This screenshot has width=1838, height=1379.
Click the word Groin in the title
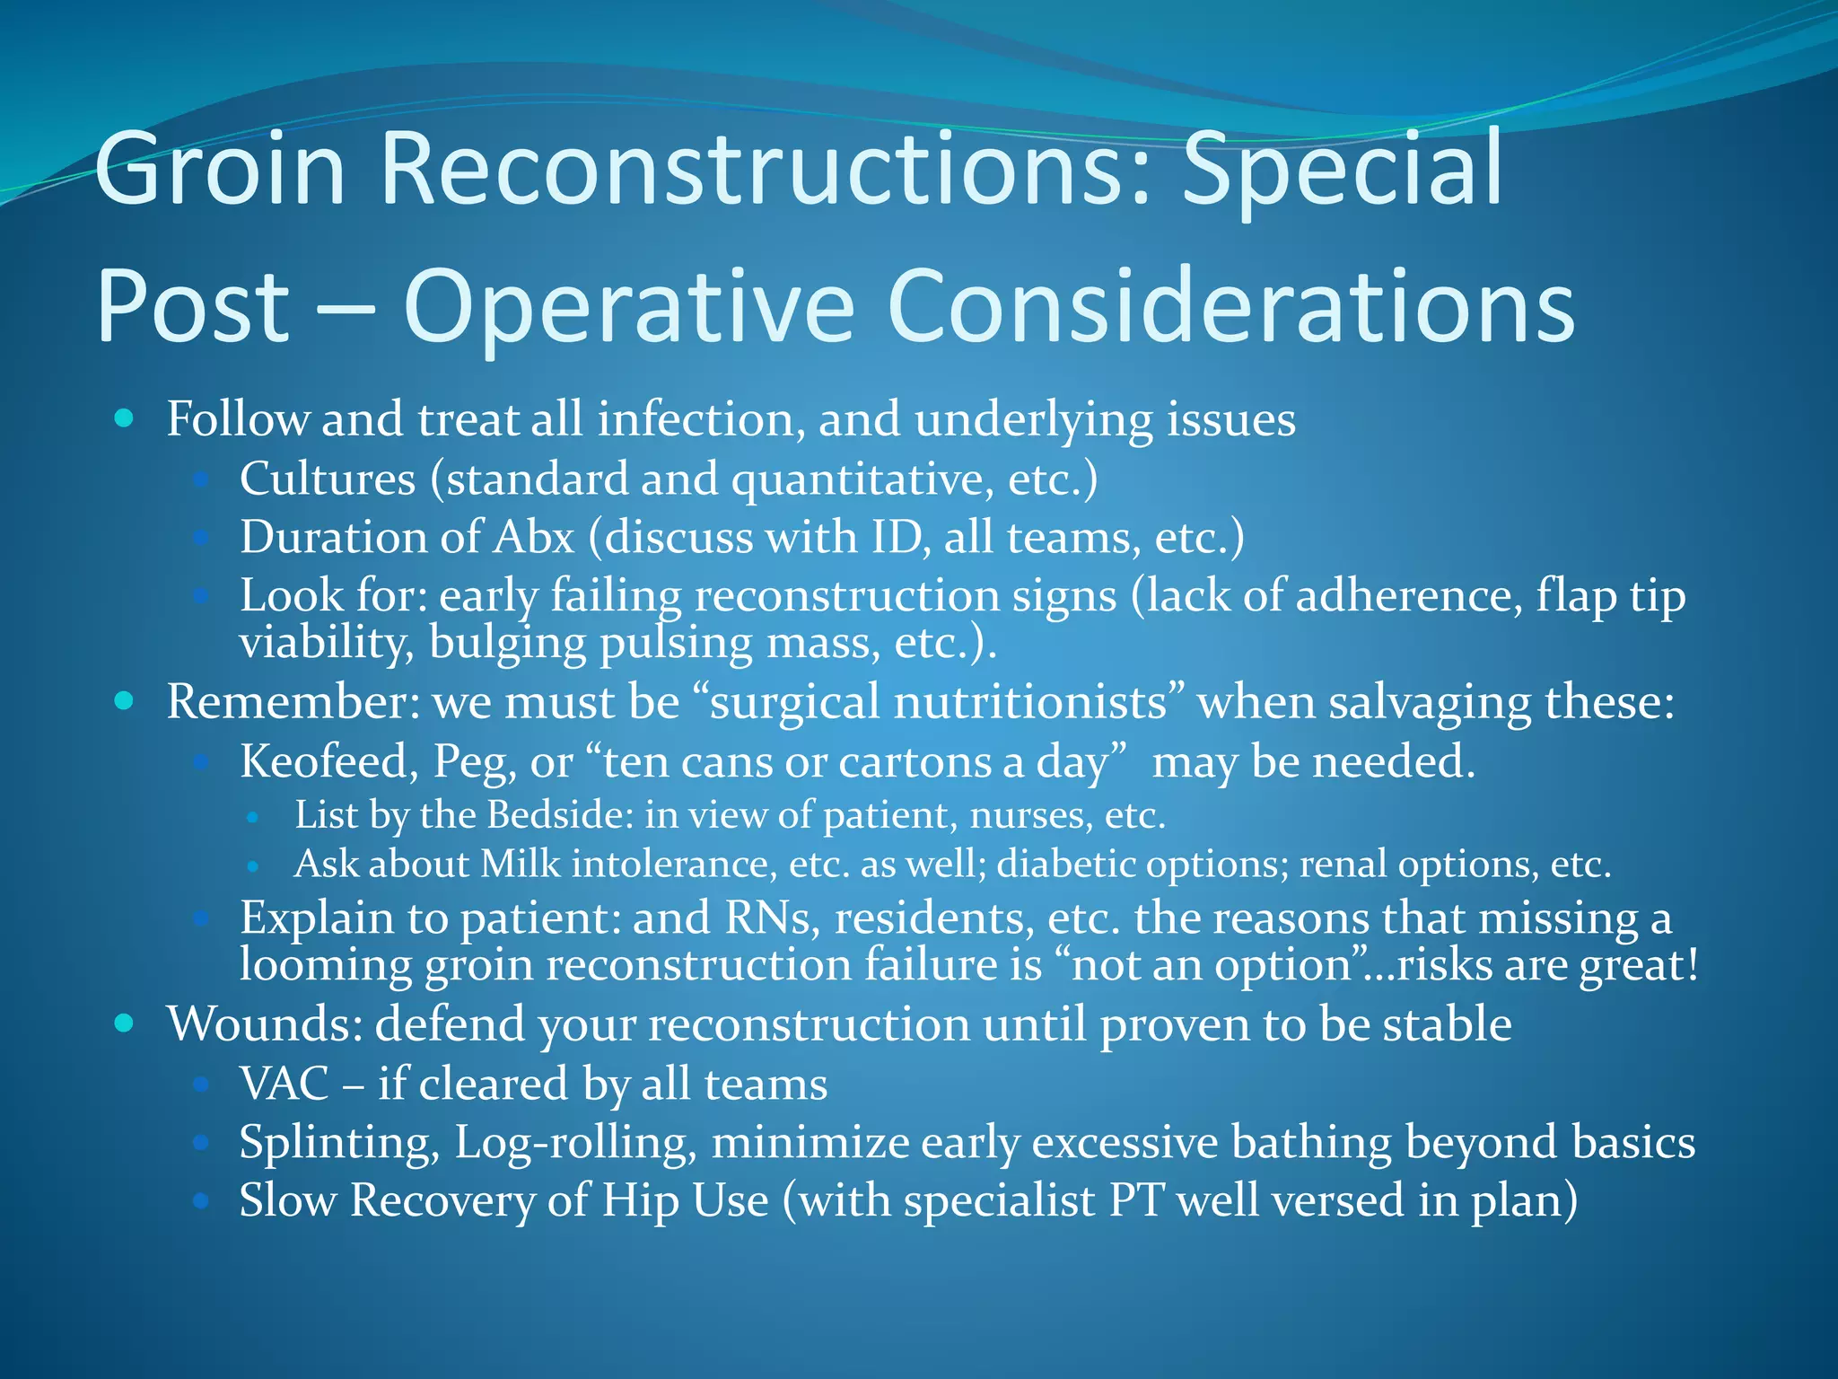pyautogui.click(x=220, y=169)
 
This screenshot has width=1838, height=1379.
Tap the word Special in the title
pyautogui.click(x=1342, y=169)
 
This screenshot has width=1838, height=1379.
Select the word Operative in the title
pyautogui.click(x=628, y=307)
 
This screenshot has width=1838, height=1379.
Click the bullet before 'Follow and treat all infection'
pyautogui.click(x=125, y=418)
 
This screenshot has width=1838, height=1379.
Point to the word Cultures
pyautogui.click(x=328, y=479)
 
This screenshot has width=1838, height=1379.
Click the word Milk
pyautogui.click(x=520, y=864)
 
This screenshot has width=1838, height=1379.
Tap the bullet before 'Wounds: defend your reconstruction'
pyautogui.click(x=125, y=1023)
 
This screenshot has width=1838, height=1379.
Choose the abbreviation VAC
pyautogui.click(x=284, y=1084)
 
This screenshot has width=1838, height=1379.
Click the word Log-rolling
pyautogui.click(x=575, y=1143)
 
